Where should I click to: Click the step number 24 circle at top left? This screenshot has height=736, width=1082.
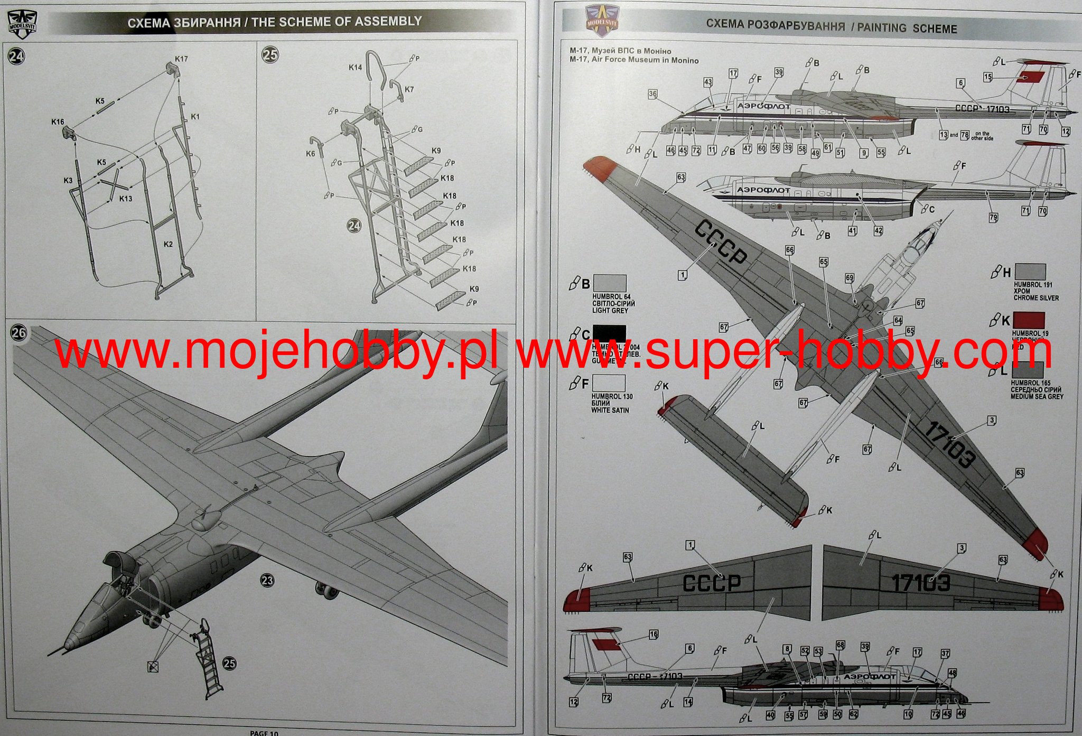coord(16,57)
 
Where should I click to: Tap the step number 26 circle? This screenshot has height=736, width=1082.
coord(18,333)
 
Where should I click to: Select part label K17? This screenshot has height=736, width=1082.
coord(181,59)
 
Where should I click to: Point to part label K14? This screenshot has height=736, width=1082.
coord(355,67)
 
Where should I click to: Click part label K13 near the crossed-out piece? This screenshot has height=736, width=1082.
coord(126,199)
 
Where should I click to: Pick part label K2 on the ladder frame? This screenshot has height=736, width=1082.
coord(168,244)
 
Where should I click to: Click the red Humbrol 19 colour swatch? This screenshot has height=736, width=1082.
coord(1029,320)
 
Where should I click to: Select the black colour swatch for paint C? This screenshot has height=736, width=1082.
coord(609,333)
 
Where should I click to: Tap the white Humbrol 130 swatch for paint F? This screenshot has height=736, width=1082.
coord(609,383)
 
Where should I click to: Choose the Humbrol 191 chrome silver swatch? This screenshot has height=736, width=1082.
coord(1030,272)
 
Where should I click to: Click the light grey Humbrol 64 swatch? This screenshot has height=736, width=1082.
coord(610,283)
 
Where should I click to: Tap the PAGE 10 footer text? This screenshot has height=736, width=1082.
coord(264,733)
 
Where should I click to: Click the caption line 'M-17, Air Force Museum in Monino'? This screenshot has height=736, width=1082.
coord(634,60)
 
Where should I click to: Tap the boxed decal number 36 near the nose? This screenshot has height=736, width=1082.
coord(653,94)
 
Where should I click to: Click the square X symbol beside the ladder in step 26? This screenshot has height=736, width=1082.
coord(153,667)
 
